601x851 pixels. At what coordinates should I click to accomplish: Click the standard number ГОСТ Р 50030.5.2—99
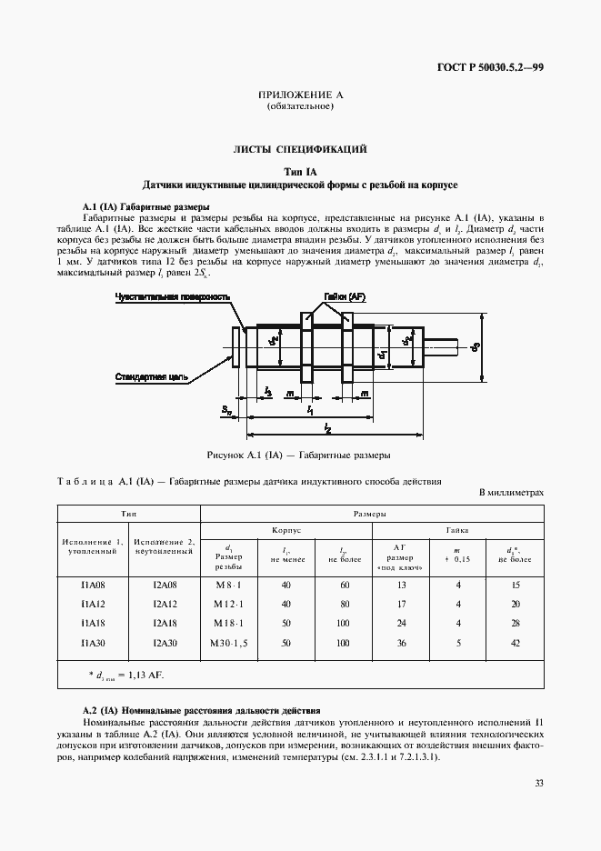(x=489, y=67)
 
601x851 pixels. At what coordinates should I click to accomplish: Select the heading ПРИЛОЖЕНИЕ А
(x=299, y=95)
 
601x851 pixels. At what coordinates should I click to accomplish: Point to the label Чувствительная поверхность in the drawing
(x=173, y=297)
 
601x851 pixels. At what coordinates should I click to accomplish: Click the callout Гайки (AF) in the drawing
(x=345, y=297)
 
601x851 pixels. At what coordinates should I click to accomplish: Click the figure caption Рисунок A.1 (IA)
(x=299, y=454)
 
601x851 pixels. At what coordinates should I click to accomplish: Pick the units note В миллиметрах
(x=511, y=493)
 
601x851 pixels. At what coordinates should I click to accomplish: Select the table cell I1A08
(x=92, y=586)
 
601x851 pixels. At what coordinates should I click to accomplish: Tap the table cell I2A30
(x=165, y=643)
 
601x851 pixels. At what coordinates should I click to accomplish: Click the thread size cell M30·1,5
(x=228, y=643)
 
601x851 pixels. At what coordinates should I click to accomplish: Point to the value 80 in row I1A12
(x=343, y=605)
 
